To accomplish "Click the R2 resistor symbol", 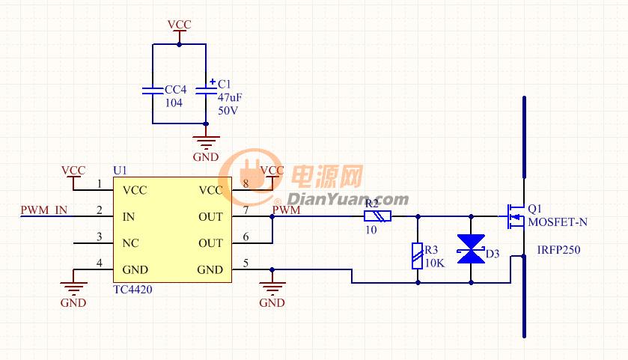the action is click(377, 216).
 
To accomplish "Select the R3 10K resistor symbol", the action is click(418, 256).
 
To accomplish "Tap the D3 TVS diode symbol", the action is click(471, 249).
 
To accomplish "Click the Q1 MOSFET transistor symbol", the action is click(516, 216).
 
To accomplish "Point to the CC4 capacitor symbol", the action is click(153, 91).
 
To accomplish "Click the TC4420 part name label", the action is click(132, 290).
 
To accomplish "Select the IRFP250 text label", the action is click(558, 250).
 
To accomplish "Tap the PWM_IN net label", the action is click(44, 210).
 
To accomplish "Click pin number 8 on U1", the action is click(246, 183).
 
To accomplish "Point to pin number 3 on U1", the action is click(100, 237).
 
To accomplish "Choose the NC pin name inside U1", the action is click(130, 243).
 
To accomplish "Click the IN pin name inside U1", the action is click(129, 216).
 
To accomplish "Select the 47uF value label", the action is click(230, 97).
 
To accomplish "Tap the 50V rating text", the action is click(228, 111).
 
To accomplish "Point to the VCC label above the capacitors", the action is click(179, 25).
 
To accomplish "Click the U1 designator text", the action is click(121, 171).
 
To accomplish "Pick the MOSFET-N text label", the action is click(558, 222).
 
